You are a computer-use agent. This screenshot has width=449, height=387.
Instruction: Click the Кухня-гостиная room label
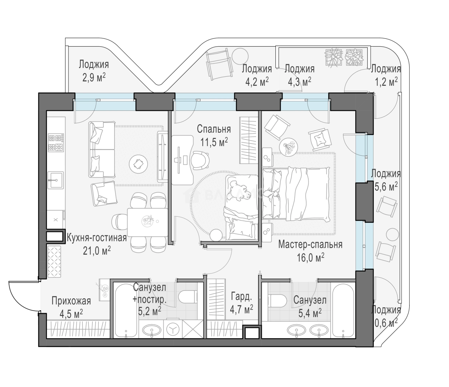[x=96, y=238]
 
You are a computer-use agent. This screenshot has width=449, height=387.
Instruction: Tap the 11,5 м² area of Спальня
[x=214, y=142]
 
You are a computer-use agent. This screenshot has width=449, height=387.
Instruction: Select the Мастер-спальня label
[x=310, y=245]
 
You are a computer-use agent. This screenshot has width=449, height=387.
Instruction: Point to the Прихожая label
[x=71, y=301]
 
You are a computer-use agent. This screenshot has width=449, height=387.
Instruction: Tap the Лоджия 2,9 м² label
[x=94, y=71]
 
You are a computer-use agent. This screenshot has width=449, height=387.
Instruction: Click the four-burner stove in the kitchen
[x=56, y=142]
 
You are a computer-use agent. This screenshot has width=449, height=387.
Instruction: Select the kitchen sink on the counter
[x=55, y=180]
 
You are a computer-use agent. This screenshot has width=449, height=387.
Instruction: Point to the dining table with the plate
[x=148, y=222]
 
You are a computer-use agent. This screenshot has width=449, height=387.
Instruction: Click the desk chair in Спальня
[x=199, y=161]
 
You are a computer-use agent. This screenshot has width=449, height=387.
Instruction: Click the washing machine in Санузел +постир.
[x=173, y=329]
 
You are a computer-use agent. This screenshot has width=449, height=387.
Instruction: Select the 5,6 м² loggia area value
[x=386, y=187]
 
